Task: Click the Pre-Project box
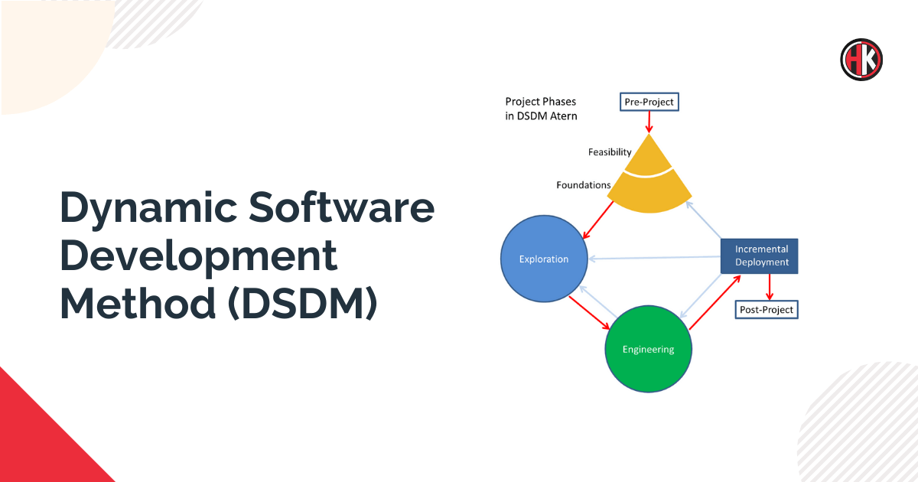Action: (649, 101)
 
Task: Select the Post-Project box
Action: (766, 310)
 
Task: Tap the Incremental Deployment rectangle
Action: (761, 256)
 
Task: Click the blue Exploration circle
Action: (544, 259)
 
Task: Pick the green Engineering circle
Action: (648, 350)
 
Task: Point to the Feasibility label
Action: (610, 152)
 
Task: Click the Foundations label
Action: (583, 185)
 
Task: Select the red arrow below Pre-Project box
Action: (649, 121)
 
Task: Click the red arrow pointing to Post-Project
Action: (769, 287)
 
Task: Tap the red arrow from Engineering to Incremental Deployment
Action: (715, 303)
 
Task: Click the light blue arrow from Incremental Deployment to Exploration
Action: (654, 258)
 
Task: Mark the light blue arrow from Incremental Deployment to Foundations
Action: (704, 220)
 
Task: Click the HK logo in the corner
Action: (861, 60)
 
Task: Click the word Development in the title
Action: (199, 256)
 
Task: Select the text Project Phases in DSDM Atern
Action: (541, 109)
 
